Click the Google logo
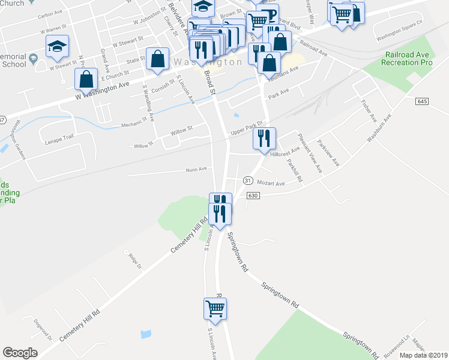point(20,353)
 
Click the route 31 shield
point(247,181)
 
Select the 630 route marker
point(252,196)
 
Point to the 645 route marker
point(421,102)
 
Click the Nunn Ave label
point(196,169)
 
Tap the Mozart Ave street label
point(270,182)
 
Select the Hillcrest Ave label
point(285,153)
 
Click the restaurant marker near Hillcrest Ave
point(264,139)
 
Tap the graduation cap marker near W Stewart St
point(58,47)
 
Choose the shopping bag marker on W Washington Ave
point(86,79)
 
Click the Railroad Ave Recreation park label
point(409,58)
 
